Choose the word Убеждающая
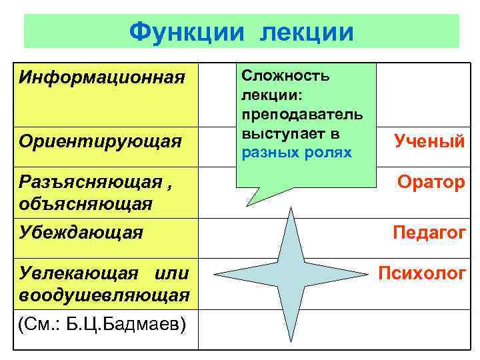tap(81, 232)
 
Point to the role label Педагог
tap(429, 233)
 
